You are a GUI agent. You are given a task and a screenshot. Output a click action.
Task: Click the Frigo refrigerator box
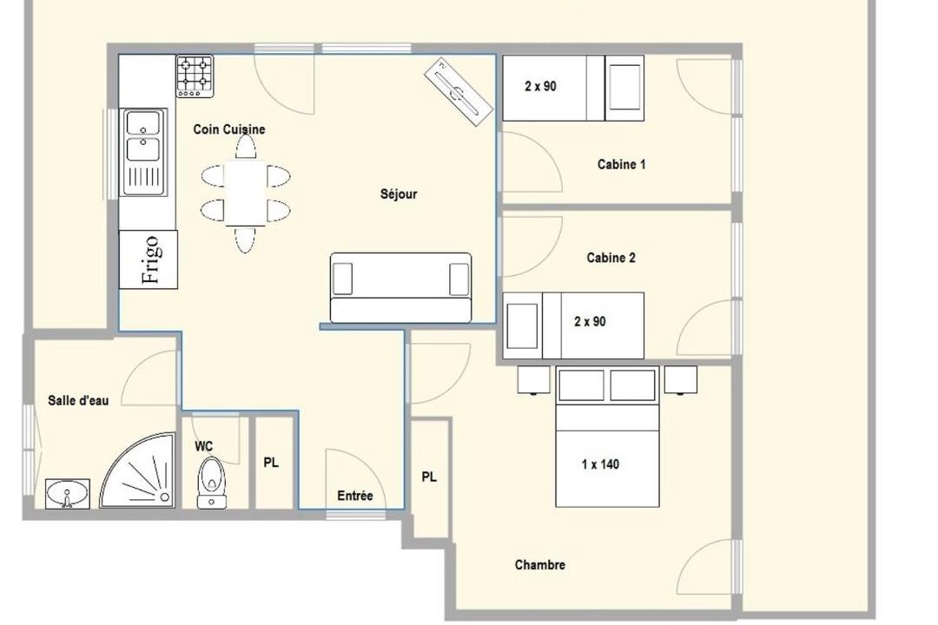pos(149,260)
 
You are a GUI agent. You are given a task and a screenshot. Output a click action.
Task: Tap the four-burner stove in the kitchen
pos(195,76)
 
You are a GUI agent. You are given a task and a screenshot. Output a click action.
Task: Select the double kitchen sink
pos(143,153)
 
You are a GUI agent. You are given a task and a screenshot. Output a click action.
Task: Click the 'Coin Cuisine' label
pos(229,129)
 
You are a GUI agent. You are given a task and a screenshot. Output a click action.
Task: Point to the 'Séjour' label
pos(399,194)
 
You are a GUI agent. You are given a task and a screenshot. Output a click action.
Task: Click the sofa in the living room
pos(400,288)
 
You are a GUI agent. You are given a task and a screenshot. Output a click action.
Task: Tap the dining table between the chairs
pos(245,193)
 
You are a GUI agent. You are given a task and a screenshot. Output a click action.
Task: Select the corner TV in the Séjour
pos(459,91)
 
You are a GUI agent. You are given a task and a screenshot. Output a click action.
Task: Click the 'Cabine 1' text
pos(622,164)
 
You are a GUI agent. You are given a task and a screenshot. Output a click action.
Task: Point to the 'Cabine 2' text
pos(611,258)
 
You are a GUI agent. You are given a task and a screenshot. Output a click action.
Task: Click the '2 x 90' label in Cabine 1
pos(540,86)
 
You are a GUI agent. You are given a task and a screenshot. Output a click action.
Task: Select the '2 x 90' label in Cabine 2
pos(590,321)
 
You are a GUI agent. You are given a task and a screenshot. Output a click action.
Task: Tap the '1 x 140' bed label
pos(600,464)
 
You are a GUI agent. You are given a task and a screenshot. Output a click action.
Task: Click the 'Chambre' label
pos(539,564)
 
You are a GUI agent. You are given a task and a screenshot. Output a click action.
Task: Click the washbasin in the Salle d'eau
pos(68,494)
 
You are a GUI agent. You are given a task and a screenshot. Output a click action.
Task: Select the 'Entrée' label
pos(354,496)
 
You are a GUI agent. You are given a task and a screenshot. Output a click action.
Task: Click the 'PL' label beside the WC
pos(271,463)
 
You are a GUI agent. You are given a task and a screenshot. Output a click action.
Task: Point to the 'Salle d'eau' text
pos(78,400)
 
